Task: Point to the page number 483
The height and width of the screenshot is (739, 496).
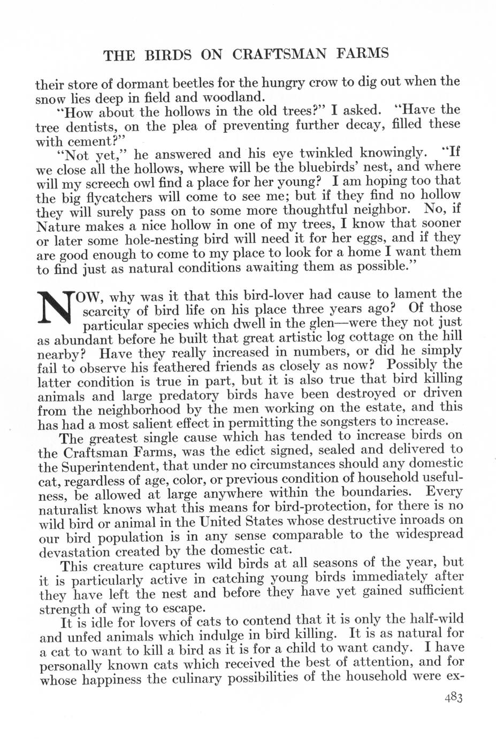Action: (452, 697)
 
